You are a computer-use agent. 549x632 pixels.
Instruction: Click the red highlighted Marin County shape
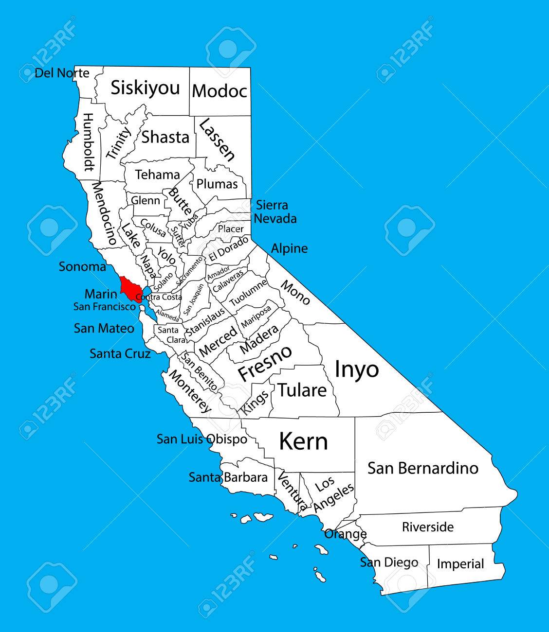pos(129,288)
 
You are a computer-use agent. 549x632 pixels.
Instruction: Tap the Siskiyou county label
pos(145,88)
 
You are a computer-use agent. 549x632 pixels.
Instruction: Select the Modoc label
pos(220,91)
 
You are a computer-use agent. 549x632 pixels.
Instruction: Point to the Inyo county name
pos(357,369)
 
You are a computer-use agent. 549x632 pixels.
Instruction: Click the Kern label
pos(303,441)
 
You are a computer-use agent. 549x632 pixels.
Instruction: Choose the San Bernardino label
pos(422,468)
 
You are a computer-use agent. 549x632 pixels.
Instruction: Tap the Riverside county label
pos(427,527)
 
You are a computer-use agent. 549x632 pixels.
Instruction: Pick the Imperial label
pos(460,564)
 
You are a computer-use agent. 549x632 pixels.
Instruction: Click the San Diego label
pos(389,562)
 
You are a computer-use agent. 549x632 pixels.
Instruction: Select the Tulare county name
pos(302,390)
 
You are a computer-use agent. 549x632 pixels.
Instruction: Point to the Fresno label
pos(265,363)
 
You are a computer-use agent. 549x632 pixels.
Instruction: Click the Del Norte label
pos(62,73)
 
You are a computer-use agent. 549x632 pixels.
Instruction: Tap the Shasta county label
pos(165,137)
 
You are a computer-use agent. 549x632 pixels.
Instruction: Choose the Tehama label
pos(157,175)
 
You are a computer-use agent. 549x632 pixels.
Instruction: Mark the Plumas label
pos(217,184)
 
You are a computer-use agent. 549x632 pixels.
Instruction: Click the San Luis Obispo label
pos(201,439)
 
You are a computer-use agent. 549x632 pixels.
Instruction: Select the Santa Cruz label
pos(120,353)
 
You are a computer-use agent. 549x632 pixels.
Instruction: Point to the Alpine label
pos(289,248)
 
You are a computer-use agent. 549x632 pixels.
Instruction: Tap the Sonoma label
pos(82,266)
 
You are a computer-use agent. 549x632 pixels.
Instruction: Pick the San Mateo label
pos(104,328)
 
